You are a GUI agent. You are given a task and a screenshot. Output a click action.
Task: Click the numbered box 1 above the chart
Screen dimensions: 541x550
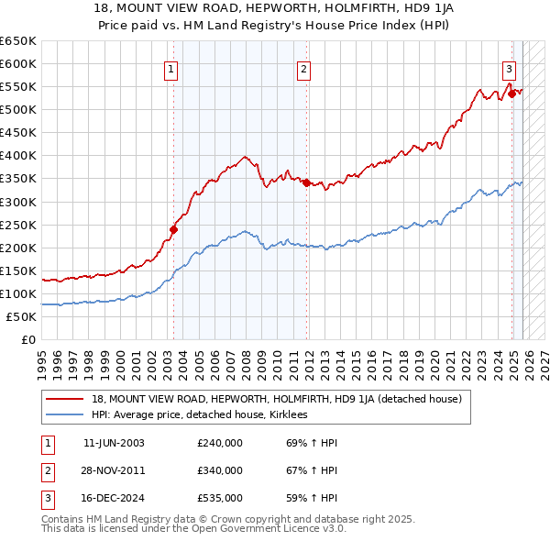[171, 68]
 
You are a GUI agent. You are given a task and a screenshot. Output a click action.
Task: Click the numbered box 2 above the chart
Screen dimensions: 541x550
[303, 68]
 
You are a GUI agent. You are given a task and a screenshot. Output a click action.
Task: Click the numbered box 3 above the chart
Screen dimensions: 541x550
[509, 68]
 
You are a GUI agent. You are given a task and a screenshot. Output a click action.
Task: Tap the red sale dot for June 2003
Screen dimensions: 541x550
[173, 229]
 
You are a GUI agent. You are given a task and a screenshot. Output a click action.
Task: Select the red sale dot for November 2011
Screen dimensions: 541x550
[306, 182]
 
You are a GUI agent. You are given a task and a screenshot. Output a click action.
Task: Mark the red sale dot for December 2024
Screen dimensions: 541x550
[511, 93]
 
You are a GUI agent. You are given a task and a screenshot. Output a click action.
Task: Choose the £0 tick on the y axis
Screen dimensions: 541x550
[28, 339]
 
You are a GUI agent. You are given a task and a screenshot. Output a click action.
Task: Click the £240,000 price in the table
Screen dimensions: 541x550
[220, 443]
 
